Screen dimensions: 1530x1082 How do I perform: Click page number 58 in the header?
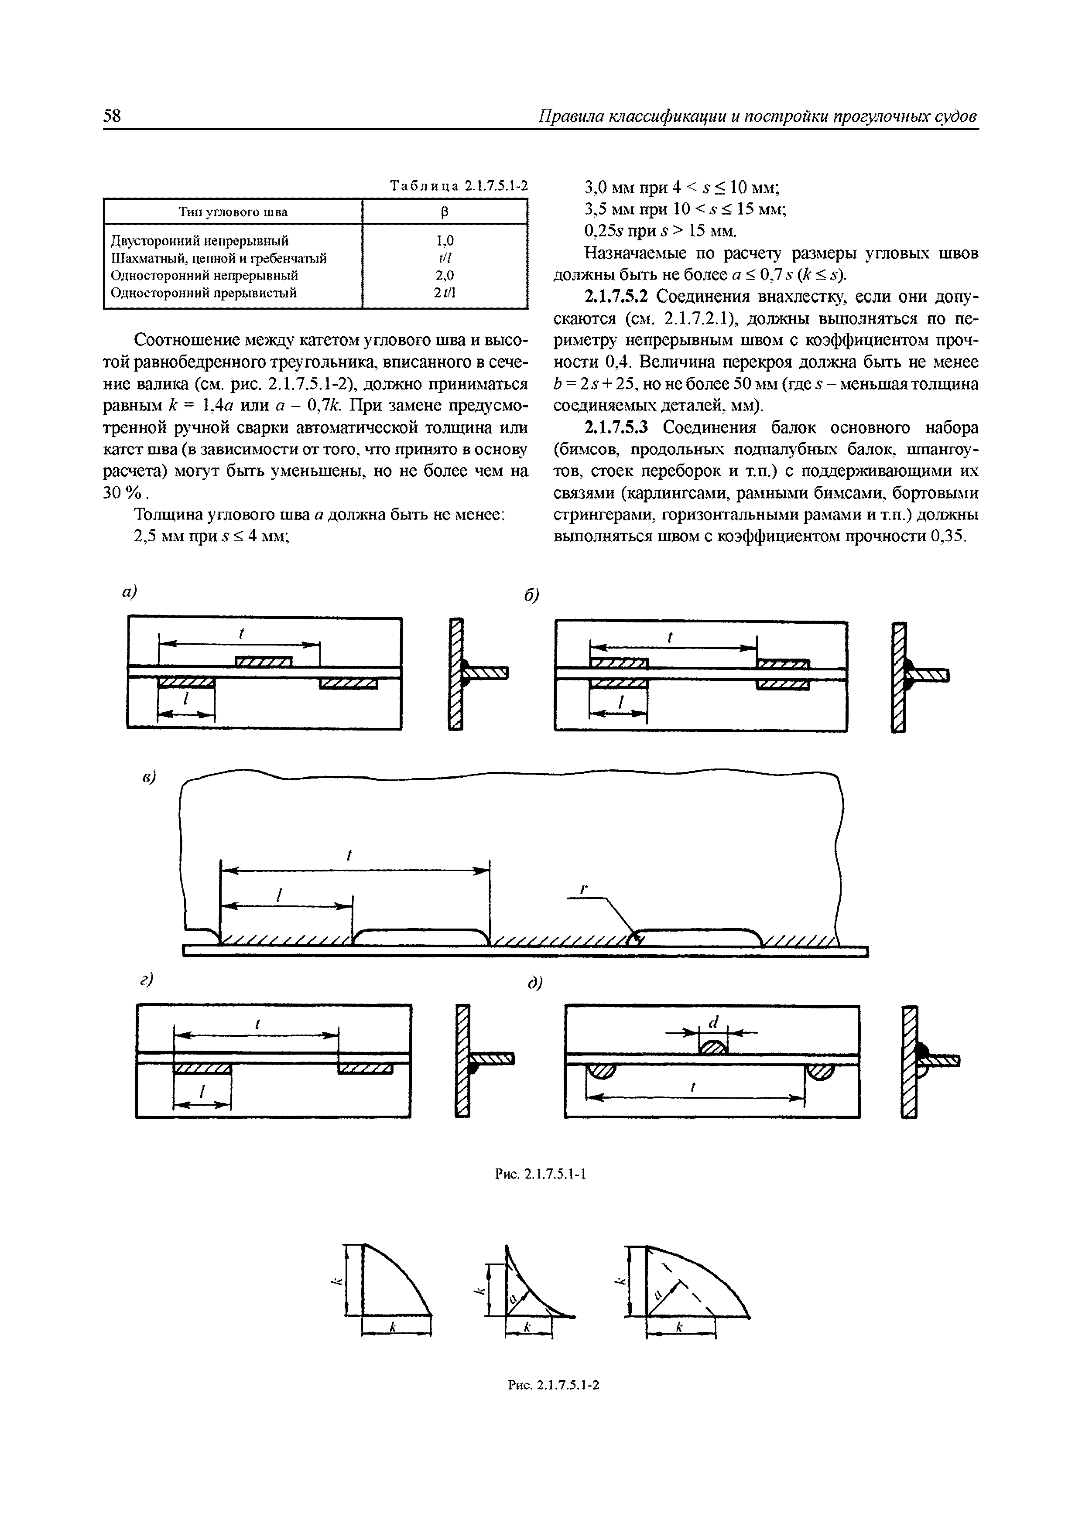tap(112, 116)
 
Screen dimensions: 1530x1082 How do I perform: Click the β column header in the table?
tap(444, 212)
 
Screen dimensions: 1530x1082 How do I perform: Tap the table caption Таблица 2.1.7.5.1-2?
tap(459, 186)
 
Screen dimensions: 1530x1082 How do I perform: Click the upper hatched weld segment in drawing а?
tap(264, 661)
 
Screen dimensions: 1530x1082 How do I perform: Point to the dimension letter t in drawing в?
tap(349, 855)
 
